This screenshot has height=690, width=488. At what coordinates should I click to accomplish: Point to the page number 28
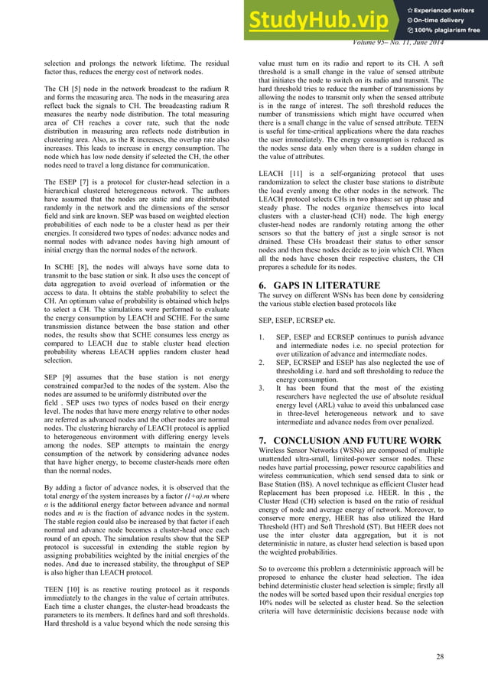click(x=439, y=656)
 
